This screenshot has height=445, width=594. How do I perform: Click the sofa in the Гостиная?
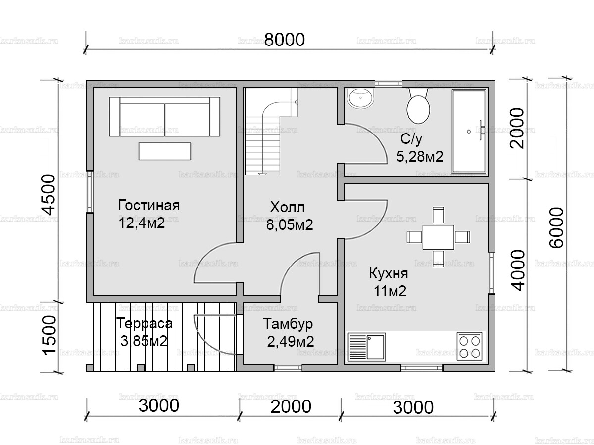(x=164, y=116)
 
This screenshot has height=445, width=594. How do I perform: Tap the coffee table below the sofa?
(x=164, y=151)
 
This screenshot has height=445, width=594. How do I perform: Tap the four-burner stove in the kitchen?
(x=469, y=347)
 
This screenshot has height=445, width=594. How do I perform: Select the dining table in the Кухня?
(x=438, y=237)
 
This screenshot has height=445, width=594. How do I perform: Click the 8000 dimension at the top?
(x=284, y=40)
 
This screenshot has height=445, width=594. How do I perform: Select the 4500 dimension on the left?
(x=49, y=194)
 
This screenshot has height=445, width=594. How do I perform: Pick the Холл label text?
(x=288, y=207)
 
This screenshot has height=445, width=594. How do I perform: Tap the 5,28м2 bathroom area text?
(x=420, y=157)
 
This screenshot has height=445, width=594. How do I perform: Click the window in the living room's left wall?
(x=89, y=192)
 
